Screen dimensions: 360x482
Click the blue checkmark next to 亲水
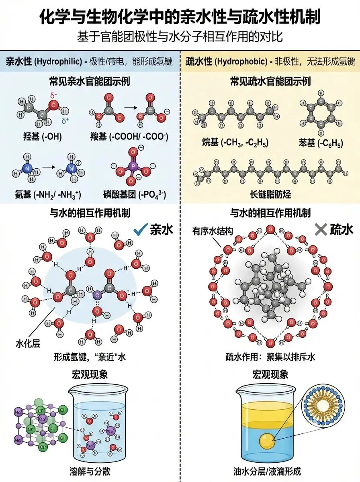pos(139,230)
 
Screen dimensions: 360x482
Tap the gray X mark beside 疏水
pos(320,229)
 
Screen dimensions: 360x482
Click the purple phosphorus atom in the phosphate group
pos(134,166)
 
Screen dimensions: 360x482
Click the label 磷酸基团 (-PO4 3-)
pos(135,195)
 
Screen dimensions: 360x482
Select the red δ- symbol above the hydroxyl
pos(53,96)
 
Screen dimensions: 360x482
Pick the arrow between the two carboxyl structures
pos(129,108)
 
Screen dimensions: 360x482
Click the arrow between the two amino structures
pos(48,165)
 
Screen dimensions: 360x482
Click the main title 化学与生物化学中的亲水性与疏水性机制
pos(180,18)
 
